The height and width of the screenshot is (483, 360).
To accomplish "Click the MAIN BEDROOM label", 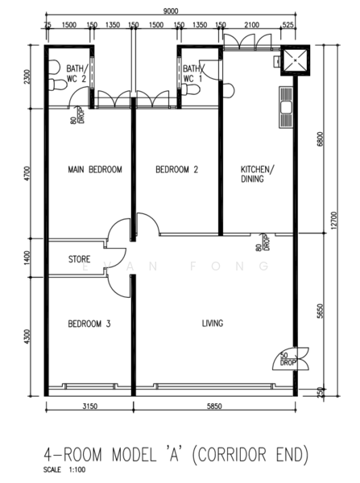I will (95, 169).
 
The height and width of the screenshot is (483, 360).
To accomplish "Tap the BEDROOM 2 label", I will (177, 169).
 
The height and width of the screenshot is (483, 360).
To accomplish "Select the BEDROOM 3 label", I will (89, 324).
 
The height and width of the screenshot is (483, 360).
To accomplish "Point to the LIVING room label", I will (213, 324).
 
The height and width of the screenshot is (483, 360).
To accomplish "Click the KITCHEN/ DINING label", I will (258, 175).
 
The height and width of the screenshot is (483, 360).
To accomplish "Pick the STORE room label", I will (79, 260).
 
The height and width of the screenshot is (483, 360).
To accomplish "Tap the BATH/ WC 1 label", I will (193, 74).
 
